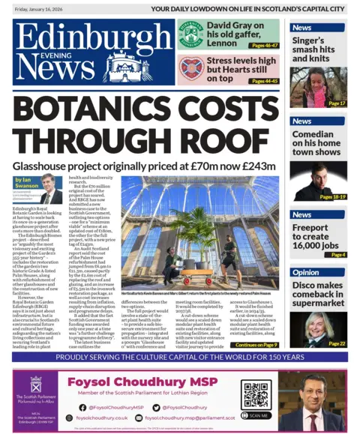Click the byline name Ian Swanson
[x=25, y=182]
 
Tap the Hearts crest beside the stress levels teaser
[x=191, y=68]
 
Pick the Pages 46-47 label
[x=264, y=46]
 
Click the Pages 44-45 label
[x=264, y=81]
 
